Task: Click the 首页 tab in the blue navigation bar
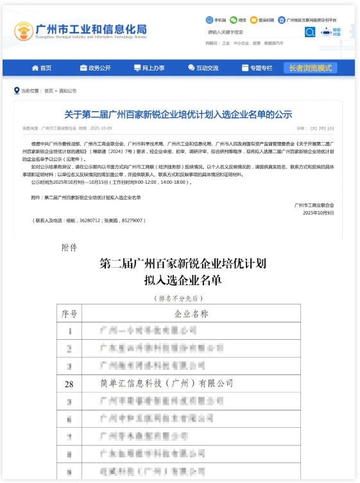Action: [x=41, y=68]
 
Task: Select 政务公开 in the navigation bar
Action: [x=95, y=68]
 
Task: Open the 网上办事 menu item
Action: [x=149, y=68]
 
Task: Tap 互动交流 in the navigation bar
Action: [x=203, y=68]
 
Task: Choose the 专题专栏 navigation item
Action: [x=257, y=68]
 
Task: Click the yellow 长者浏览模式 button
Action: [x=311, y=68]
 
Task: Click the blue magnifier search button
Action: [x=310, y=31]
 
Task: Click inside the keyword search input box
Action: [x=253, y=31]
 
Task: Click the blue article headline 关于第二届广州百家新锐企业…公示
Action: [x=178, y=114]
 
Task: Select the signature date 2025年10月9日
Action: [x=318, y=213]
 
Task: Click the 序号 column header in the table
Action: [x=69, y=314]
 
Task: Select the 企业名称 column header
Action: [x=191, y=314]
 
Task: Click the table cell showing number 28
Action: [x=69, y=384]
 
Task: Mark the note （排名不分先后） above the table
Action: [x=179, y=299]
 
